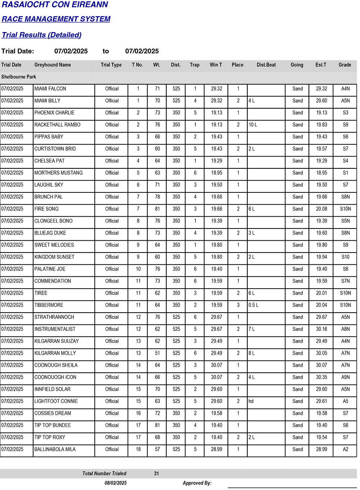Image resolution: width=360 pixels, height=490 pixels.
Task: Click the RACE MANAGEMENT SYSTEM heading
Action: [56, 19]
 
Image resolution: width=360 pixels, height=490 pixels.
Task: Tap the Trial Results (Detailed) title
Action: [41, 35]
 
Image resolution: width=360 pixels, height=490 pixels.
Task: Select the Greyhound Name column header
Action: [53, 65]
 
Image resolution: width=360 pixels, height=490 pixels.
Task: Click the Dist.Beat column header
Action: [266, 65]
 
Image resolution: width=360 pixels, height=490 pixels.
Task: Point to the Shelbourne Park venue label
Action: [19, 77]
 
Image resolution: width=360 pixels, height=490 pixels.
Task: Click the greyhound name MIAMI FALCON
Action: [50, 89]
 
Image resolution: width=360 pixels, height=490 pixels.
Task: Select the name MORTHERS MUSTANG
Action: [58, 173]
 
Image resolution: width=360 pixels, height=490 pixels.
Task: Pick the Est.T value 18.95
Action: [321, 173]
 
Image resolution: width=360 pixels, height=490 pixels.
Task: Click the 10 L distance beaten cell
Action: [253, 125]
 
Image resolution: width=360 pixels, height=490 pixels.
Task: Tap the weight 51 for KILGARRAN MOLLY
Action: [157, 353]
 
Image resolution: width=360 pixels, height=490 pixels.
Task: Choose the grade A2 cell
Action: [345, 449]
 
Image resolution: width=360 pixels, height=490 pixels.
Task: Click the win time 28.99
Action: [216, 449]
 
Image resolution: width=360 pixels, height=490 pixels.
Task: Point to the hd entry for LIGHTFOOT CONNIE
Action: [251, 401]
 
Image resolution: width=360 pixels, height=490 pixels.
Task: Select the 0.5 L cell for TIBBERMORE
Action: [253, 305]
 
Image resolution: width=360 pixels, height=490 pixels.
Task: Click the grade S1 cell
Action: [345, 173]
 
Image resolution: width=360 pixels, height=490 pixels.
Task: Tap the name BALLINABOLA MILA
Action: [55, 449]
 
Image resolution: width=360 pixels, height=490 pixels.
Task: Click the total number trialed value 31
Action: [156, 473]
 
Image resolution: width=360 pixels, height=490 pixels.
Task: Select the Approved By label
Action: [197, 483]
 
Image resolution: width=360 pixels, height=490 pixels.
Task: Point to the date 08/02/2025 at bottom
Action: [116, 483]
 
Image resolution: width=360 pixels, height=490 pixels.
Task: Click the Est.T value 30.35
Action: [321, 377]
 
